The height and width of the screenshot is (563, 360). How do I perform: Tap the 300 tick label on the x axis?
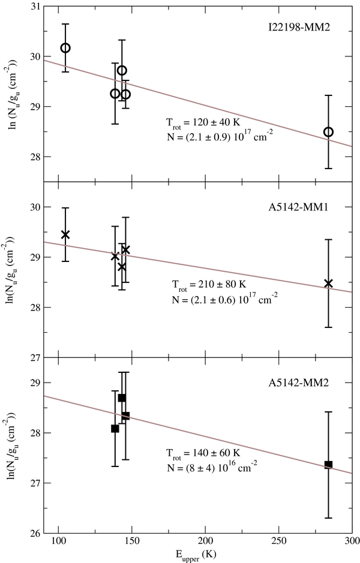pyautogui.click(x=352, y=542)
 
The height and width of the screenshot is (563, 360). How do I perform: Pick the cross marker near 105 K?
pyautogui.click(x=65, y=234)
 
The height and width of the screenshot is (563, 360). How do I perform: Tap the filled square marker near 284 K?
pyautogui.click(x=328, y=464)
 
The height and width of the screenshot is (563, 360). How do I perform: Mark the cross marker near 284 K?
pyautogui.click(x=328, y=283)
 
